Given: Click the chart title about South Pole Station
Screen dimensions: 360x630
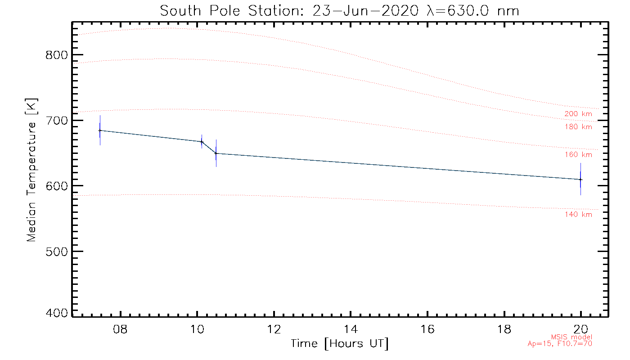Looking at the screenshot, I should [x=340, y=10].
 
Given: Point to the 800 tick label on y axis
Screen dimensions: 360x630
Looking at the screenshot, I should [x=57, y=55].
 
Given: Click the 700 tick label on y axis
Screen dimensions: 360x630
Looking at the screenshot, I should [x=57, y=121].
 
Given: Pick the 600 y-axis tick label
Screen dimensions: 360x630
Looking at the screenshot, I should [x=57, y=186].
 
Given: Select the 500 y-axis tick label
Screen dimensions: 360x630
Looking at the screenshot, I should [x=57, y=251].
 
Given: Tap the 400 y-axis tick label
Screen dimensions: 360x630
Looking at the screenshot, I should [x=57, y=313].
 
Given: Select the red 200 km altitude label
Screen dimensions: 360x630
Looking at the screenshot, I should [x=578, y=114].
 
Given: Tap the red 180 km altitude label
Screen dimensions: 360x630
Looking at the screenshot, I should [x=578, y=127].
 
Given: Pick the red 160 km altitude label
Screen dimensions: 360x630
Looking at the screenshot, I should [x=578, y=155].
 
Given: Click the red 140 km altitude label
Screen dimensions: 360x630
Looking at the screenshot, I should [x=578, y=215].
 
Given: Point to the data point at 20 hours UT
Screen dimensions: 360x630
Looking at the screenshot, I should [x=580, y=180].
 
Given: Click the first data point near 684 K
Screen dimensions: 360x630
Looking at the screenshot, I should [x=100, y=130].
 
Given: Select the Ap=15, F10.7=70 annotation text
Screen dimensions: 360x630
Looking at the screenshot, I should [x=560, y=344].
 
